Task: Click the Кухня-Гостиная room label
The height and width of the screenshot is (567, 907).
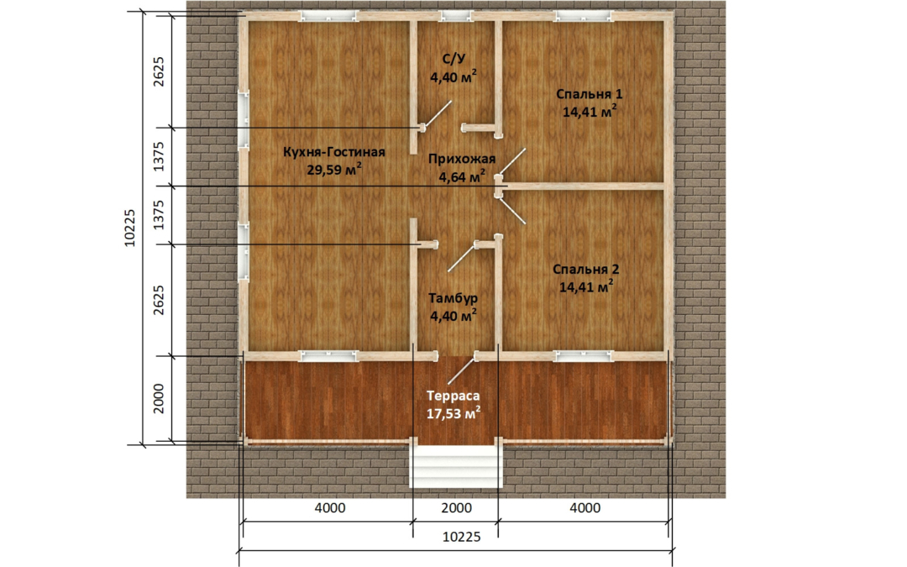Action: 333,152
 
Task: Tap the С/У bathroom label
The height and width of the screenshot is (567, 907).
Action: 454,59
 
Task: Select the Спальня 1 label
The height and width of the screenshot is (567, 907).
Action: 590,94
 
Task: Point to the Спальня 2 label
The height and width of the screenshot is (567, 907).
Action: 586,269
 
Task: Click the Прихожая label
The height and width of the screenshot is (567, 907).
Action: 462,159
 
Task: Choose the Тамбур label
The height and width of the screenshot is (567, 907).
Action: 453,298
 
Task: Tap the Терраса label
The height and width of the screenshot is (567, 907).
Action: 453,396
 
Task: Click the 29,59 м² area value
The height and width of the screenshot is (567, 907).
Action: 334,170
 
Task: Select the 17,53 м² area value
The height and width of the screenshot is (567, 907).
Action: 453,413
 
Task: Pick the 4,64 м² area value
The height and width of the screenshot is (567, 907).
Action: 462,176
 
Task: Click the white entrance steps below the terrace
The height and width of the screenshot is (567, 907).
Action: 455,467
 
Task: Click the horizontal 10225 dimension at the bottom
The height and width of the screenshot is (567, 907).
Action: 462,537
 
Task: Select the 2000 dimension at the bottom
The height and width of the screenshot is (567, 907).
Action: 456,508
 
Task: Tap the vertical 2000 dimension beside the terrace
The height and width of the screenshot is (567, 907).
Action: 159,399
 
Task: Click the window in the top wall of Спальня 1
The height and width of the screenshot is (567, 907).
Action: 583,16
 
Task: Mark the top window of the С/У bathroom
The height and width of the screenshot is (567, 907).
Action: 456,16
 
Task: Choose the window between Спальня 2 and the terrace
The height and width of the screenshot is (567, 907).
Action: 583,356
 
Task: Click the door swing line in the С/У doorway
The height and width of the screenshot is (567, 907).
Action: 438,113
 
